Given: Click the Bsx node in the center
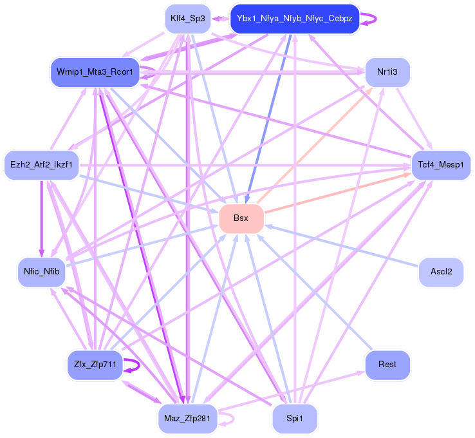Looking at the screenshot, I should pos(241,219).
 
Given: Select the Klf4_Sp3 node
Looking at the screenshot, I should pos(187,19).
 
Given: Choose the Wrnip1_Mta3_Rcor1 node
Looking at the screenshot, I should pos(95,72).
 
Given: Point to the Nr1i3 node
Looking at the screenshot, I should pos(387,72).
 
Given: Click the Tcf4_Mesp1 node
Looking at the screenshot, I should pos(441,165).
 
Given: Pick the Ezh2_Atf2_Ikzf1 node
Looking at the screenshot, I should pos(41,165).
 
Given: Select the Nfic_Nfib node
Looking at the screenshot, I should pos(42,272).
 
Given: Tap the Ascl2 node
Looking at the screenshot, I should pos(441,272).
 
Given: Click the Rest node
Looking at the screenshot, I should pos(387,365).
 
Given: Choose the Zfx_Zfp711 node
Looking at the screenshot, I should pos(95,365).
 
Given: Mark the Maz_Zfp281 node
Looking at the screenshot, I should pos(187,419).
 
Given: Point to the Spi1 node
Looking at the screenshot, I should pos(294,419).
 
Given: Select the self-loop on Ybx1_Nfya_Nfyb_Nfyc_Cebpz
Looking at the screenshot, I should pos(374,19).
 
